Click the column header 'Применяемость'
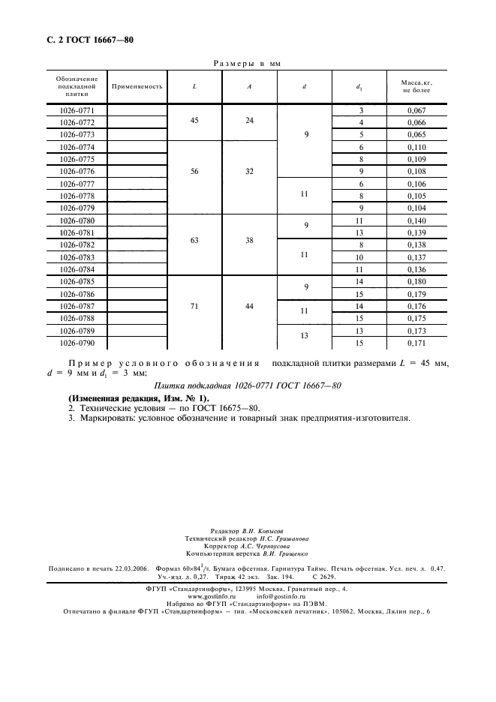click(x=137, y=86)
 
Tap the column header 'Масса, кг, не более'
click(x=416, y=86)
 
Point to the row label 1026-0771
click(x=77, y=110)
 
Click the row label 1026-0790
click(x=77, y=343)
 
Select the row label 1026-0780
click(x=77, y=220)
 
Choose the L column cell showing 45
click(x=194, y=122)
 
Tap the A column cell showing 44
click(x=249, y=307)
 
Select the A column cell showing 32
click(x=249, y=172)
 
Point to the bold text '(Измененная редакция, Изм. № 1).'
click(x=139, y=397)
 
